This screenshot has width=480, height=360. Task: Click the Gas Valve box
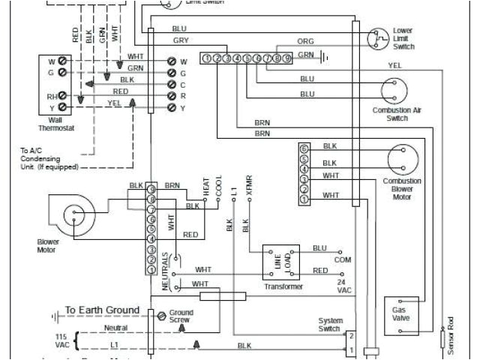[x=398, y=314]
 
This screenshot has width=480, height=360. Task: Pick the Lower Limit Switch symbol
[x=376, y=37]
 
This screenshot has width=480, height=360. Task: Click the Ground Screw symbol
[x=159, y=317]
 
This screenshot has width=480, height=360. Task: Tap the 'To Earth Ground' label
[x=102, y=310]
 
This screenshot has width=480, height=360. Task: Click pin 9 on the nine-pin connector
[x=286, y=58]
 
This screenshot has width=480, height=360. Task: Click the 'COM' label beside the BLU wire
[x=342, y=259]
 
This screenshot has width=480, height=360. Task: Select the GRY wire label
[x=181, y=40]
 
